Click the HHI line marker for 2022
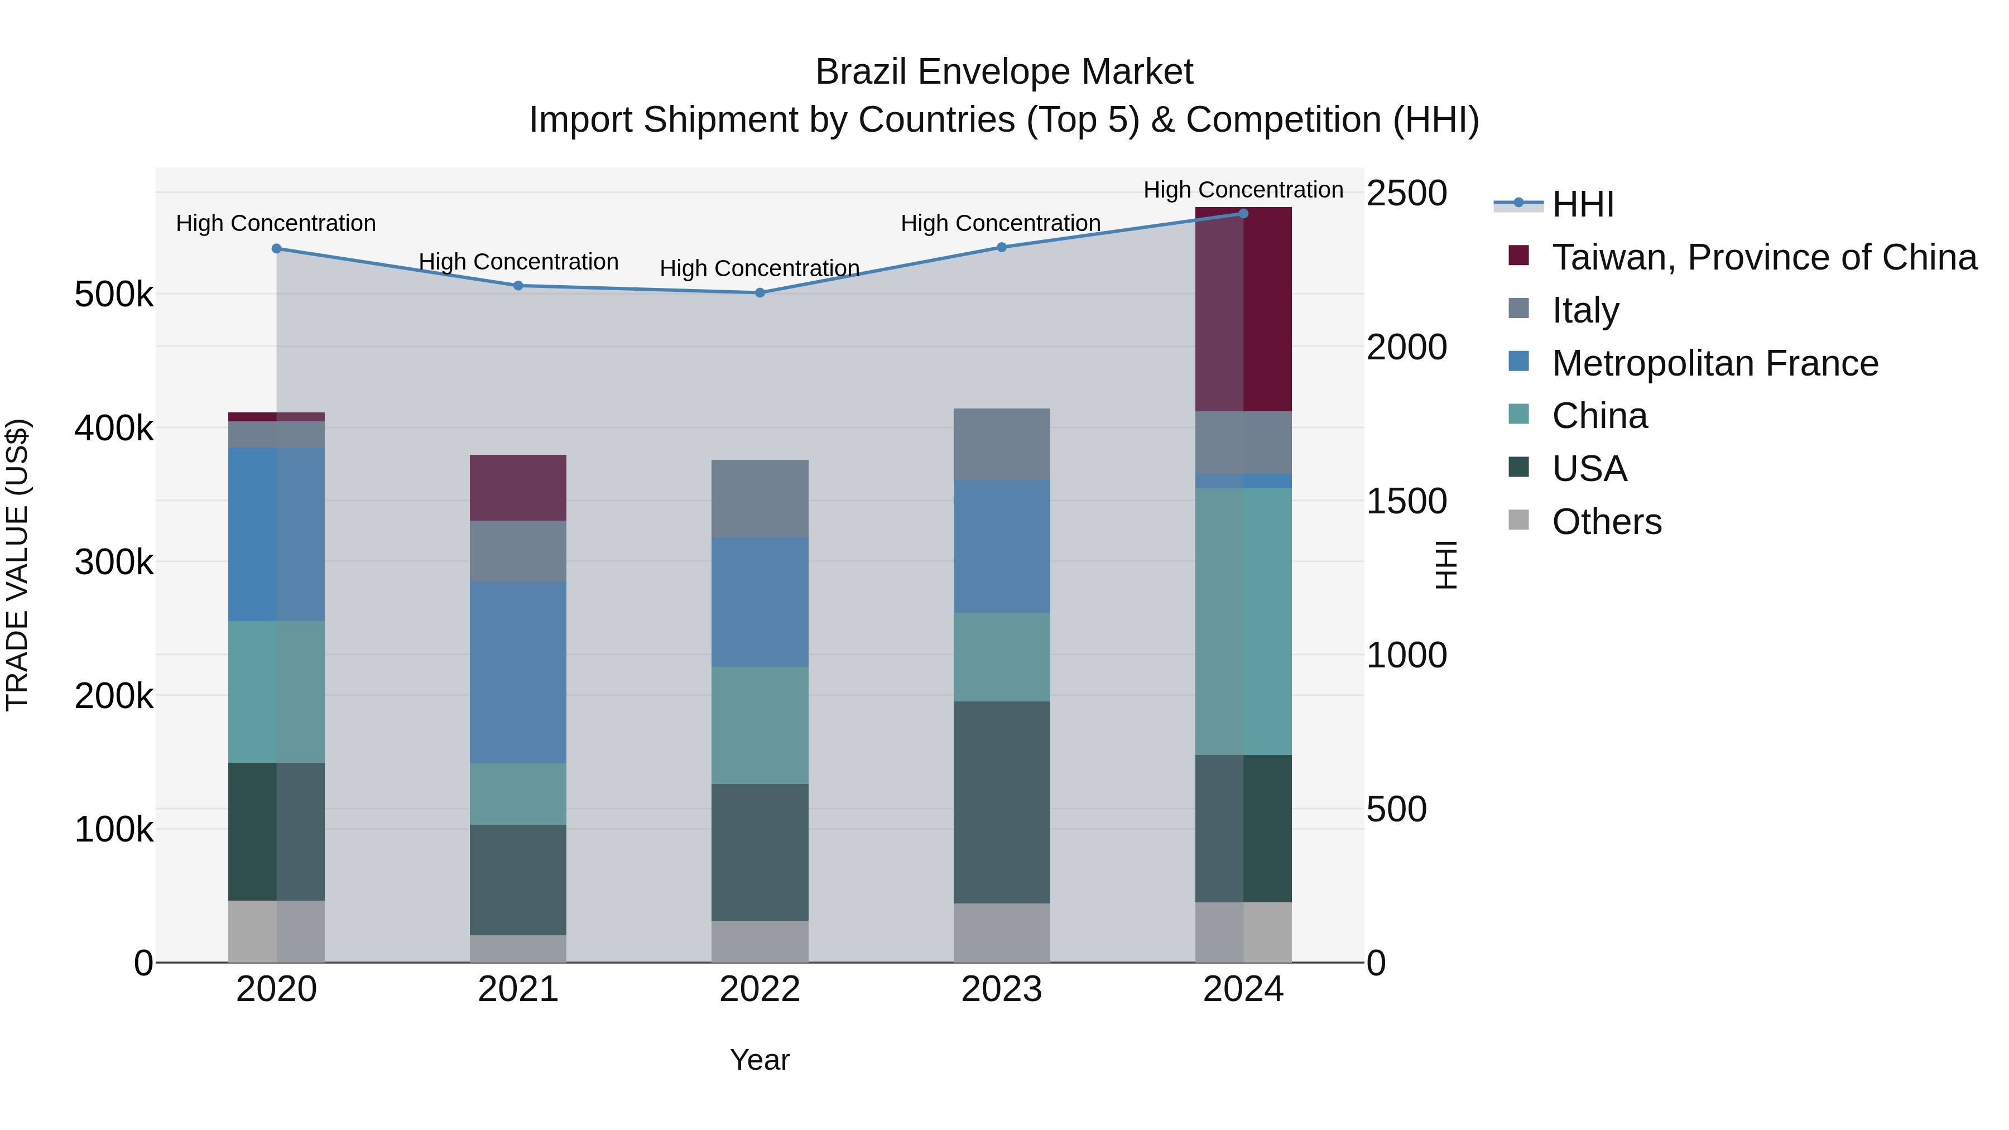(x=760, y=293)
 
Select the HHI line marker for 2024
(x=1243, y=214)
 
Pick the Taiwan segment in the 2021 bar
(x=518, y=487)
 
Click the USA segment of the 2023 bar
(x=1001, y=802)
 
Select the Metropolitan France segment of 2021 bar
(x=518, y=672)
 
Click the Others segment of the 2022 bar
(x=760, y=941)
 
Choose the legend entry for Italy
(x=1585, y=310)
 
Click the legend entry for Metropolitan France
(x=1714, y=363)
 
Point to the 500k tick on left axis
(x=114, y=295)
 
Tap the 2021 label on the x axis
(x=518, y=989)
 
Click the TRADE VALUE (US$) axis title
(x=17, y=565)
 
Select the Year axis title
(x=760, y=1060)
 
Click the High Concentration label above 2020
(x=276, y=224)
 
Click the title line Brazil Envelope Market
(x=1004, y=72)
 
